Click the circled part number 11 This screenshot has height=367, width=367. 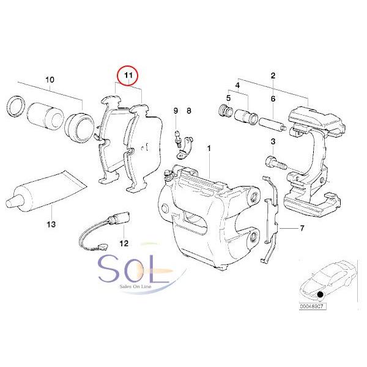(128, 76)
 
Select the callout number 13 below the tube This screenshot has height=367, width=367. (51, 224)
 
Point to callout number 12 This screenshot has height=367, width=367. (124, 243)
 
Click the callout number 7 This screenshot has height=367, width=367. (302, 228)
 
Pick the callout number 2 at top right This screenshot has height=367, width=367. (273, 75)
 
